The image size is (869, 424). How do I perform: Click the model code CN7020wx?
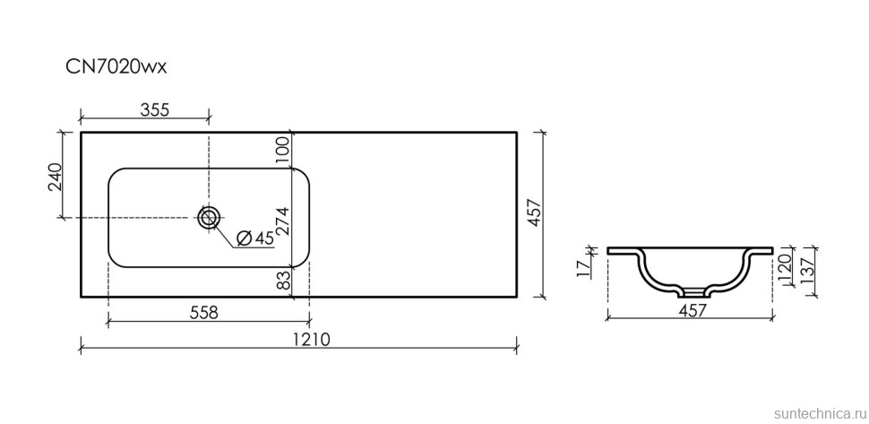click(x=116, y=67)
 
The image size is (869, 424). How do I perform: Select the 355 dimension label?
click(x=153, y=109)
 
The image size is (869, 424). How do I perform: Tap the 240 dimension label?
click(x=55, y=177)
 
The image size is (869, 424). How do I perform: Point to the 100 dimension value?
click(x=282, y=150)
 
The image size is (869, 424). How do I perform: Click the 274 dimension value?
click(x=282, y=222)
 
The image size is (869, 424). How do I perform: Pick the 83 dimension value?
click(x=282, y=280)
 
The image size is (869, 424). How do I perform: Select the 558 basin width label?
click(x=203, y=313)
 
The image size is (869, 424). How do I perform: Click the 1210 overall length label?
click(x=316, y=339)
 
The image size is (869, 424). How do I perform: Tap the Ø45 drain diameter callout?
click(x=255, y=238)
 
